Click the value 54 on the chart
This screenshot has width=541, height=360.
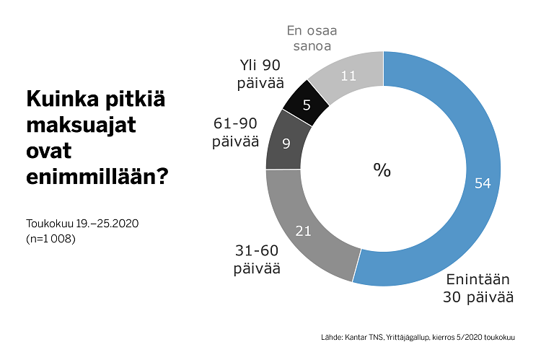coord(483,183)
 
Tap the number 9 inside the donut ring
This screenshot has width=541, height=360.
coord(286,144)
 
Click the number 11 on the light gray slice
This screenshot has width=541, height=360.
coord(348,75)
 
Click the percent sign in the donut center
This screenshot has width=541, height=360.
coord(382,170)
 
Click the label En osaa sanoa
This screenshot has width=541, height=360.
coord(312,38)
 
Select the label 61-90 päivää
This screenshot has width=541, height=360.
coord(235,132)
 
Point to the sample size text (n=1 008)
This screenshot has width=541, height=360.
coord(50,238)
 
